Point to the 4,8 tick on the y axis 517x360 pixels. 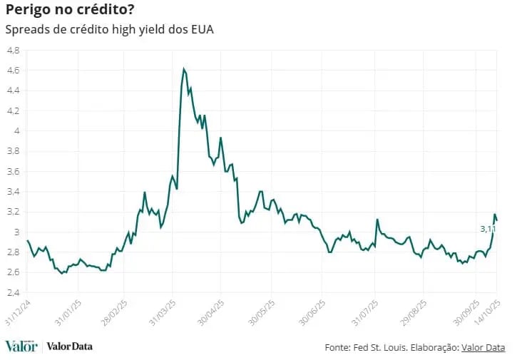click(x=13, y=51)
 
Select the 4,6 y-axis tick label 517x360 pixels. click(x=13, y=71)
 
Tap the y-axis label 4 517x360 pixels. click(x=16, y=131)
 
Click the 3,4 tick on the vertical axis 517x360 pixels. click(x=13, y=192)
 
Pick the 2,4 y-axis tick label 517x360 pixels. click(x=13, y=292)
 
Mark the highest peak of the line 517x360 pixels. click(x=184, y=69)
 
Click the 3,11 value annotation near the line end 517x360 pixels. click(x=488, y=229)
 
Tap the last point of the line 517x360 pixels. click(x=497, y=220)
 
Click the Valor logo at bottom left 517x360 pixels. click(x=21, y=346)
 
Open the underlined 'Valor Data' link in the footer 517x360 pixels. click(x=483, y=348)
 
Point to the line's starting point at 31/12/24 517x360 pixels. click(x=27, y=240)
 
